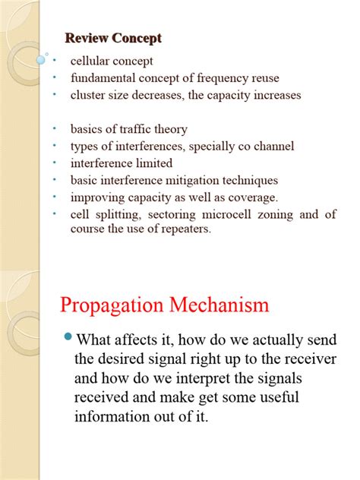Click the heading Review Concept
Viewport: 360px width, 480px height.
(x=113, y=38)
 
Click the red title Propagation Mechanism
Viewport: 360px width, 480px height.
(x=164, y=305)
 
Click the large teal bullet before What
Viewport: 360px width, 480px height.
(x=67, y=336)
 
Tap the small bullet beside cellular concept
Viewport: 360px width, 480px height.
(x=55, y=61)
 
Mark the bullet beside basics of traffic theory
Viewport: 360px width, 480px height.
(x=55, y=129)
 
